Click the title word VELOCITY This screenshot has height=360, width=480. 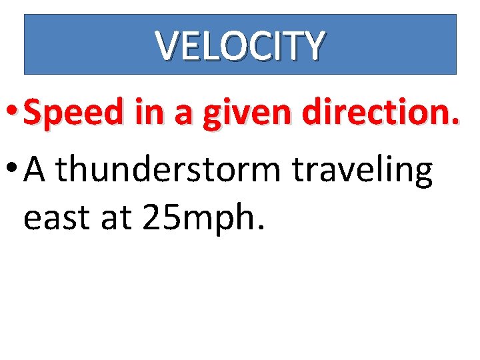click(x=240, y=45)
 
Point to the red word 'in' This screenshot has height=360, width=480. click(x=144, y=113)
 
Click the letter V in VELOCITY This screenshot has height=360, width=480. click(x=166, y=45)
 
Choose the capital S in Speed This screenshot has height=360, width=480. click(x=33, y=113)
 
